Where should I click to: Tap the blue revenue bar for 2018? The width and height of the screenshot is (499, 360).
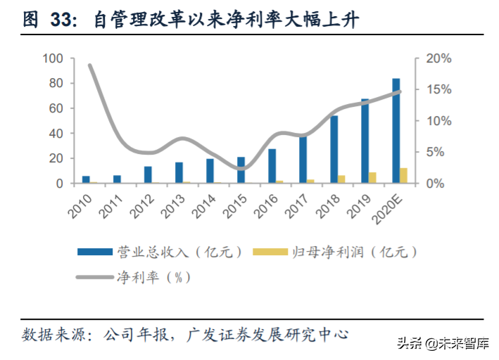pyautogui.click(x=334, y=149)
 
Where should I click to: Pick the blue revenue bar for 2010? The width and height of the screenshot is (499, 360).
pyautogui.click(x=86, y=179)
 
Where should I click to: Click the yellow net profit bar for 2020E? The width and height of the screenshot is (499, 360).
pyautogui.click(x=404, y=176)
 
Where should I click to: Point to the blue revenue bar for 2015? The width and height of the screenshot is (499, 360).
pyautogui.click(x=241, y=169)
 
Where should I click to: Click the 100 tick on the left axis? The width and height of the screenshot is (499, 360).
pyautogui.click(x=53, y=58)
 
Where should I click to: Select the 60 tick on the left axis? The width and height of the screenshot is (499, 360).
pyautogui.click(x=56, y=108)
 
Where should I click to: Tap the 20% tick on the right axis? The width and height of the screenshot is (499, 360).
pyautogui.click(x=438, y=58)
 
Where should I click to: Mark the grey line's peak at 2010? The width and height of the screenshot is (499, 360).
pyautogui.click(x=90, y=65)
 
